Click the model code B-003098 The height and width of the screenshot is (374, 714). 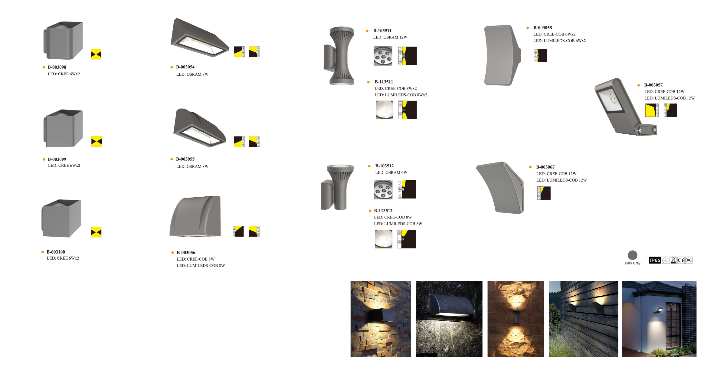coord(57,67)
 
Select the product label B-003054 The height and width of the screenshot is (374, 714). coord(185,67)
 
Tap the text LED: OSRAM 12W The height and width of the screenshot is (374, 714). coord(390,37)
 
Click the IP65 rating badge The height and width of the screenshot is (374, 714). coord(655,260)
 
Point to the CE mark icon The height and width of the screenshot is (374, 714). coord(681,260)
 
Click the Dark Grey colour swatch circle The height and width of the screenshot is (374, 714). coord(632,255)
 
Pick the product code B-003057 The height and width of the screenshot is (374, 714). coord(653,85)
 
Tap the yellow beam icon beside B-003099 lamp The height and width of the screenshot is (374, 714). coord(97,141)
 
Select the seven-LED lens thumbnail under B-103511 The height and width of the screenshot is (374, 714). coord(383,56)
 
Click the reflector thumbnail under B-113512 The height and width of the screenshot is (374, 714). coord(383,239)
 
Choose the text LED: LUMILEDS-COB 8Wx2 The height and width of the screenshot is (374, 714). coord(401,95)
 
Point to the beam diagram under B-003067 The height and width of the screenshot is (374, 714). coord(544,193)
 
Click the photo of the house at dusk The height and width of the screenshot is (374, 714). coord(659,319)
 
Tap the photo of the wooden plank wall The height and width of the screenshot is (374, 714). coord(583,319)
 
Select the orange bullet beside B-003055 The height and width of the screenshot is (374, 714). coord(172,159)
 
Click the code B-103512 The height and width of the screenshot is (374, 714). coord(384,166)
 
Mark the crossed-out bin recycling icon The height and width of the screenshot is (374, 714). coord(673,260)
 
